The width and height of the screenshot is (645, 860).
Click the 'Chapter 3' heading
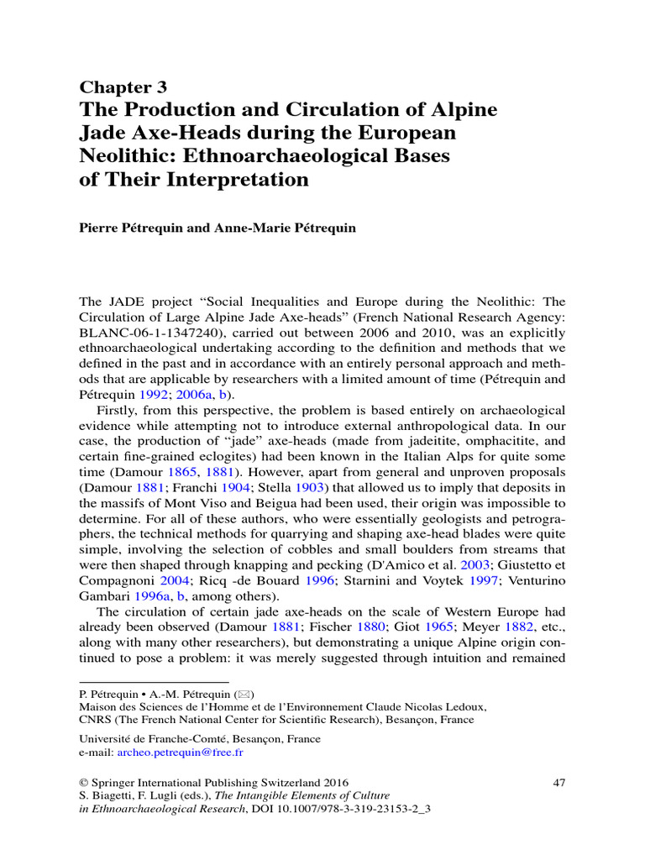pyautogui.click(x=123, y=87)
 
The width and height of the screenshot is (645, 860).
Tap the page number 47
pyautogui.click(x=558, y=783)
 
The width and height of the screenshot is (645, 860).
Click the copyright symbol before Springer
pyautogui.click(x=83, y=783)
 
